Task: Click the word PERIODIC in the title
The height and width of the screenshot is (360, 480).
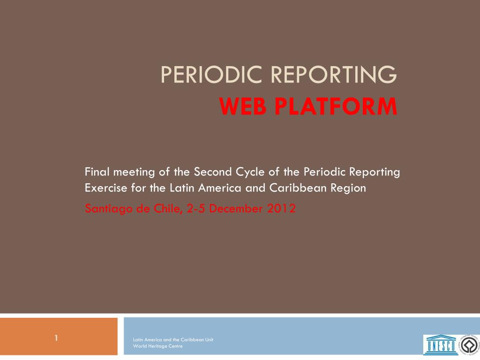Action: (211, 75)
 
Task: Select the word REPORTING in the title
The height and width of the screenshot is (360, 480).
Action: (334, 75)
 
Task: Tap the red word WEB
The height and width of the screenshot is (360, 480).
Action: (243, 106)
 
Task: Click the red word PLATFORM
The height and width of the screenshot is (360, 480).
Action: (336, 106)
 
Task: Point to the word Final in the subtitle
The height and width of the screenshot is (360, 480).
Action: (97, 172)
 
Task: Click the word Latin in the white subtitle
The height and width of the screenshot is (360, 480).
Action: (182, 187)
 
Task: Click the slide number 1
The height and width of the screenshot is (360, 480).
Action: (56, 338)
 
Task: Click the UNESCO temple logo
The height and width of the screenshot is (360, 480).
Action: (441, 345)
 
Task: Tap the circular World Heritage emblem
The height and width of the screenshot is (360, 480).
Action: (469, 345)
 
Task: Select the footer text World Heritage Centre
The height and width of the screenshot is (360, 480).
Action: (157, 346)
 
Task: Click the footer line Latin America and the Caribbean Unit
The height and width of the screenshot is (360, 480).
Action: (173, 339)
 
